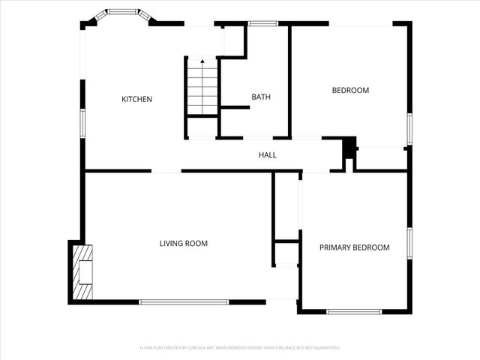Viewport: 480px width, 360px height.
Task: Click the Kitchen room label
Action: click(137, 99)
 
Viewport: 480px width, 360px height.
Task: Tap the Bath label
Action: click(261, 97)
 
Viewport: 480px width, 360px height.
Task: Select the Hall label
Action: click(268, 155)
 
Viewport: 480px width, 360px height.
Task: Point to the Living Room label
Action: click(183, 243)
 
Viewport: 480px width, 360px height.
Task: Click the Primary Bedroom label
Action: click(355, 247)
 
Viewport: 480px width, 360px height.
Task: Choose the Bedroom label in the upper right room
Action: click(350, 91)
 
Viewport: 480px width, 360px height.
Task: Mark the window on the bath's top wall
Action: click(263, 23)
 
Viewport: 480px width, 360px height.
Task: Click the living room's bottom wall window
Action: click(184, 302)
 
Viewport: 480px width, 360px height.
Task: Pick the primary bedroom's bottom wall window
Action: click(354, 311)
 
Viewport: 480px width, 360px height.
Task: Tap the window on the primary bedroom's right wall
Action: click(409, 243)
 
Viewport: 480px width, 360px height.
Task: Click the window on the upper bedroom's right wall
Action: click(409, 127)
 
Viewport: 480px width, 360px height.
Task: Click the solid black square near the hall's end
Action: click(349, 148)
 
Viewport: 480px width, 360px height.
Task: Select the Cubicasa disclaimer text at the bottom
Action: click(240, 348)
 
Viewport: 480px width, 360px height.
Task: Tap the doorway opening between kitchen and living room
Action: click(166, 171)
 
